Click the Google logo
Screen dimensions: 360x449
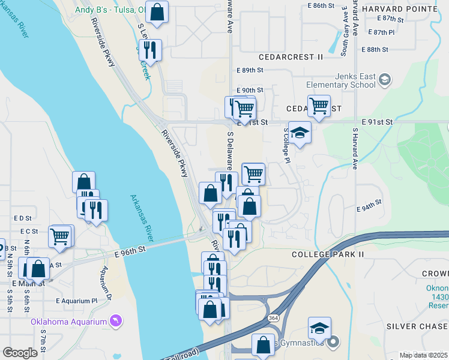(20, 353)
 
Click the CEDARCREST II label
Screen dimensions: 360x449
(291, 57)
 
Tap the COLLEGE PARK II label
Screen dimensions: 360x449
(328, 254)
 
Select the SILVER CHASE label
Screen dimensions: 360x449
(417, 326)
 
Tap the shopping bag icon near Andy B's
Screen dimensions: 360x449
(157, 13)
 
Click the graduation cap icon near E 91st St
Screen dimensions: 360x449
(300, 133)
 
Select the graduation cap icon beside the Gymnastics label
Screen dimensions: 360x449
(320, 328)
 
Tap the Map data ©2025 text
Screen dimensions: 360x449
(423, 355)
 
